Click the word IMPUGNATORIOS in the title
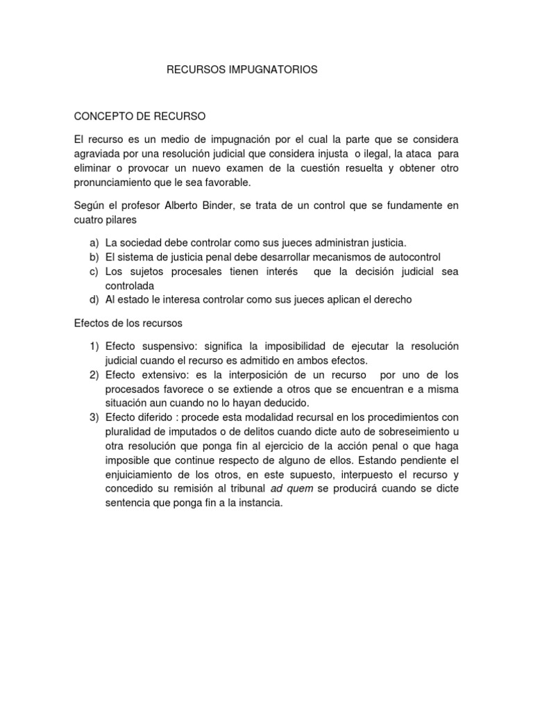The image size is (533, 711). pos(276,70)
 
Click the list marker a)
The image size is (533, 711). pos(94,243)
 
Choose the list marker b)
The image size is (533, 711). pos(94,257)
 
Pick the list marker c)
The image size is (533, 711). pos(94,271)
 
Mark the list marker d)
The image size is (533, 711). pos(94,299)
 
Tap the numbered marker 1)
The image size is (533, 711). pos(94,346)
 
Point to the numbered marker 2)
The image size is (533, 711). pos(94,375)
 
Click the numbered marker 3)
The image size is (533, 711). pos(94,417)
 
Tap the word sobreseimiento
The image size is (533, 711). pos(412,431)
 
